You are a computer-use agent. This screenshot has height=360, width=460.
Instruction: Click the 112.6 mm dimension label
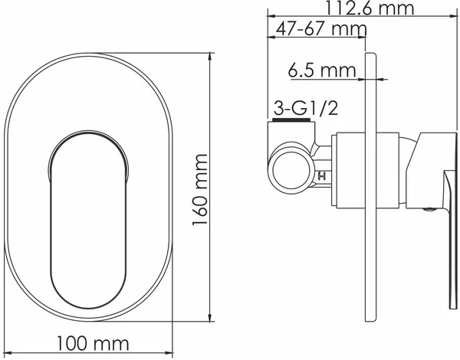coord(370,8)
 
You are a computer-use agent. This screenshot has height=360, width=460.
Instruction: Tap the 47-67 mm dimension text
coord(321,29)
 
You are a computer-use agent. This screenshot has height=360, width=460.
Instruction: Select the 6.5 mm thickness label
coord(322,70)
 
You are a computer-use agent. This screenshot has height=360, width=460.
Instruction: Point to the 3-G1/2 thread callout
coord(306,108)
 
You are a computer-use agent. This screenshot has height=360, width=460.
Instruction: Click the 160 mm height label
coord(200,190)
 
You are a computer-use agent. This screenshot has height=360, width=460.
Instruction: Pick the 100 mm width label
coord(93,344)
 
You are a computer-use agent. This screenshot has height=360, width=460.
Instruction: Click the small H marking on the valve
coord(322,176)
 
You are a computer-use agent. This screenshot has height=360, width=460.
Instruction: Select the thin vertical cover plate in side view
coord(370,187)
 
